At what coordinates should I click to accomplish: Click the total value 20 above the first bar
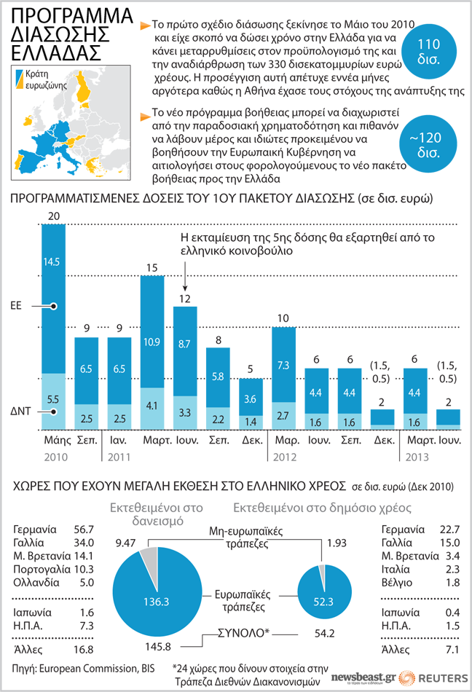(53, 216)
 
